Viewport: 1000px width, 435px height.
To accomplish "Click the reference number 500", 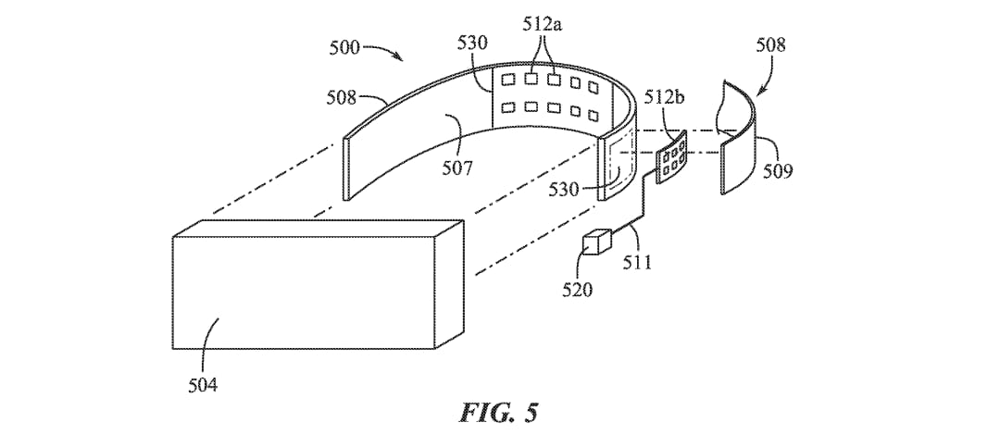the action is click(x=344, y=48).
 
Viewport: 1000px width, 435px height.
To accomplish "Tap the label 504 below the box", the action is click(x=202, y=385).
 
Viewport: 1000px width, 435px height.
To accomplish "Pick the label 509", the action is click(x=776, y=170).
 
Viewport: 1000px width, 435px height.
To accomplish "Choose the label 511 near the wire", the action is click(x=636, y=262).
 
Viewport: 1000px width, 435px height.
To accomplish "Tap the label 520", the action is click(x=577, y=291).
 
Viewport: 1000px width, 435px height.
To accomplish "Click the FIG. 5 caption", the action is click(x=499, y=412).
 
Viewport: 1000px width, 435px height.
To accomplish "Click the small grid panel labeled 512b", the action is click(x=671, y=157).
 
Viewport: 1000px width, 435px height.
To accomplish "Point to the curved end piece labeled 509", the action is click(x=739, y=136).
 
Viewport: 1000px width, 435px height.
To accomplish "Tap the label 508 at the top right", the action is click(x=771, y=44).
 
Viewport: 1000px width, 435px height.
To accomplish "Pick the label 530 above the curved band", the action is click(x=472, y=43).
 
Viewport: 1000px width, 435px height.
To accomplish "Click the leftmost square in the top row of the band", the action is click(x=508, y=80).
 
